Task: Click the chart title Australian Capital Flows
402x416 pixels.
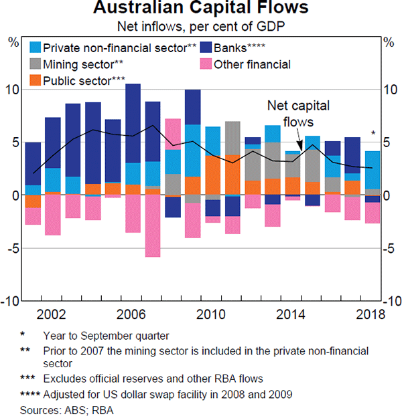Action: click(x=201, y=9)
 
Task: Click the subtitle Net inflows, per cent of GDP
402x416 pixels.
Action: click(x=201, y=27)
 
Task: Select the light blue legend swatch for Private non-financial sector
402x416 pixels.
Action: click(x=36, y=47)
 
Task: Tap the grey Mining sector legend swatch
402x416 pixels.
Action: click(x=36, y=64)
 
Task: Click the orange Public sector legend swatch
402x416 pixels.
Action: click(x=36, y=81)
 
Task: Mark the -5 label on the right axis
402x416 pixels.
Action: click(x=389, y=248)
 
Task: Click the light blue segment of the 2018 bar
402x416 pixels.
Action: click(x=372, y=170)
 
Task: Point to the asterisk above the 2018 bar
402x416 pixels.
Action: click(x=373, y=133)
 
